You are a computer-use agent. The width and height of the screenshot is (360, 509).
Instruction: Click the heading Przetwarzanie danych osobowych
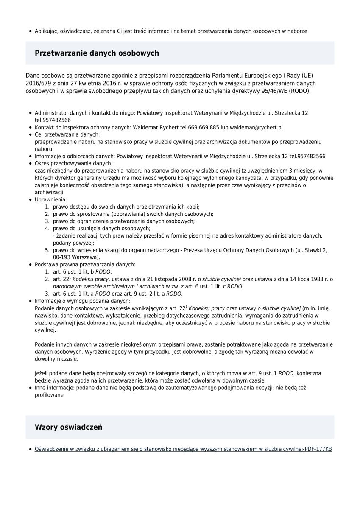pyautogui.click(x=97, y=53)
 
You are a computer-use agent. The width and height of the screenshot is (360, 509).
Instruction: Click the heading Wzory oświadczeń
pyautogui.click(x=68, y=427)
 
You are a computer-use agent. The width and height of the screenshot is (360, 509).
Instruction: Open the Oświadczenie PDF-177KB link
pyautogui.click(x=183, y=449)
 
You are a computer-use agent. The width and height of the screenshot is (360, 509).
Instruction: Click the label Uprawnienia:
pyautogui.click(x=51, y=199)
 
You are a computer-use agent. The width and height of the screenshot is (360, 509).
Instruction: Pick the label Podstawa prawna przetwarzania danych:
pyautogui.click(x=85, y=264)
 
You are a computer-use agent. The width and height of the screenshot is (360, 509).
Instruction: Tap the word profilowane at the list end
pyautogui.click(x=49, y=395)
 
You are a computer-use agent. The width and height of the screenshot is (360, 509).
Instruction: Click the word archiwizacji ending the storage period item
pyautogui.click(x=49, y=192)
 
